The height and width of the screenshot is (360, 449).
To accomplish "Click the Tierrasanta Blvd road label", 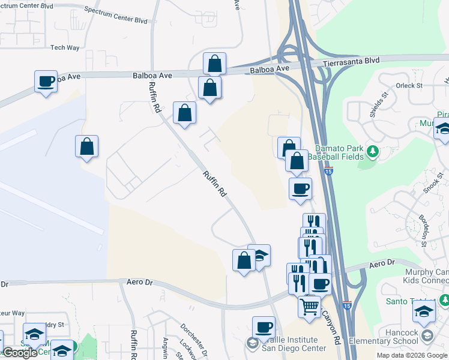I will pos(351,61).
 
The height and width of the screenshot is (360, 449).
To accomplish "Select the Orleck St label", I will pos(409,86).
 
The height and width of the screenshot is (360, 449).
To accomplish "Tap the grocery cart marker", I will pos(310,306).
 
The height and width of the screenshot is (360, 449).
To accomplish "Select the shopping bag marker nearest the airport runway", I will pos(87,146).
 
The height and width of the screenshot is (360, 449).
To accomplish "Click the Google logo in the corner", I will pos(20,353).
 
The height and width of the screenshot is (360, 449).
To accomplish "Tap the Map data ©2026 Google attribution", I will pos(412,355).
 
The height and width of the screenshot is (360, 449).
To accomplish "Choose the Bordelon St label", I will pos(424,231).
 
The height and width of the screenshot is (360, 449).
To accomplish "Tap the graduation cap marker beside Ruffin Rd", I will pos(259,255).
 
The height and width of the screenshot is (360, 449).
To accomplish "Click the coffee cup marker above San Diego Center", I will pos(264,327).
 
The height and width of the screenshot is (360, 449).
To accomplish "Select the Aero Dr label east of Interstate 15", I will pos(382,263).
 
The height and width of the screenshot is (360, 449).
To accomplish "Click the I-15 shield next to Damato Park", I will pos(328,171).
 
